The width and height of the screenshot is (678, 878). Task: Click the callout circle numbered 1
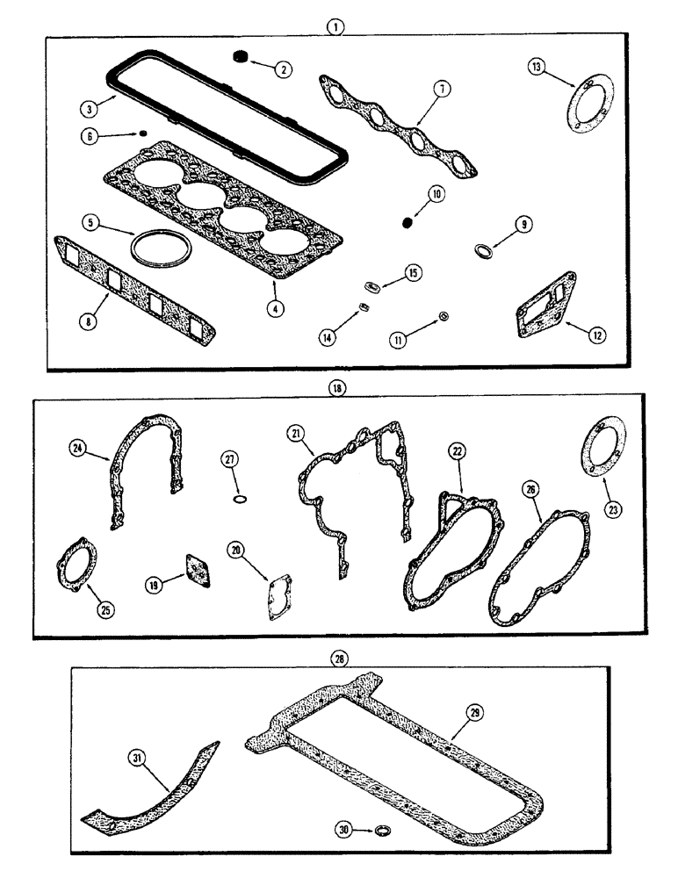337,26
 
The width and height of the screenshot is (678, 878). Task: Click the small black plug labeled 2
237,58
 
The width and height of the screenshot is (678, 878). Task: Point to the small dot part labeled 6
142,134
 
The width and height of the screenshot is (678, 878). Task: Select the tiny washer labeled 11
444,315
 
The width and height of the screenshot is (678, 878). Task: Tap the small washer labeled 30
382,829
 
